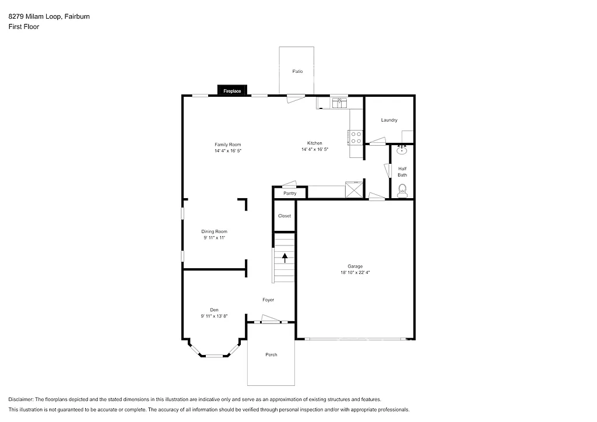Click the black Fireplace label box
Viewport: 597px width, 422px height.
[232, 91]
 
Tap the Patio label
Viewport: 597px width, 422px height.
[297, 71]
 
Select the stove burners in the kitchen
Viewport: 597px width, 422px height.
[356, 138]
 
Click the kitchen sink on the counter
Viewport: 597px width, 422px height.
[339, 103]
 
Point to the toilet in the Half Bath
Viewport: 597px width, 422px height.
[402, 189]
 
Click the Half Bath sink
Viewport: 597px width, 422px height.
[402, 150]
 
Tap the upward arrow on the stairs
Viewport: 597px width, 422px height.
[285, 258]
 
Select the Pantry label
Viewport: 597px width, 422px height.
[290, 193]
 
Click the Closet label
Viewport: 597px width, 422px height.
[285, 216]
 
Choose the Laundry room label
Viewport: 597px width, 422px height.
[389, 120]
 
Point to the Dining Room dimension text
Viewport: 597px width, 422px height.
[214, 238]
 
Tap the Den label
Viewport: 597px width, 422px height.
[214, 310]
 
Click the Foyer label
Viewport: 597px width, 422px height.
[268, 300]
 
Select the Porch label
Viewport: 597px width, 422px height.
[271, 354]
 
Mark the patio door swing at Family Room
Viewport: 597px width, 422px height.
[295, 99]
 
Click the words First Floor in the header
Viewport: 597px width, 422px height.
[24, 27]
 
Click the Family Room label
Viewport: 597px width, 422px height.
[227, 145]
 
